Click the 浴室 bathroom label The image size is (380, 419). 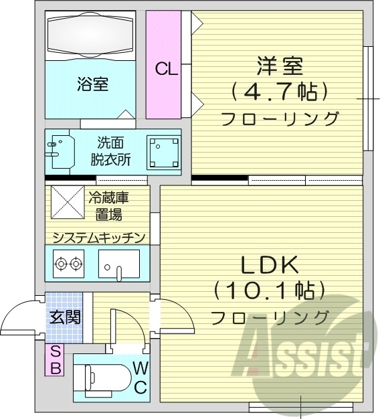tap(92, 84)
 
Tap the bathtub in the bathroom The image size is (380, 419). tap(93, 35)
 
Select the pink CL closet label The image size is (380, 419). tap(166, 68)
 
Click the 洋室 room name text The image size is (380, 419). tap(279, 66)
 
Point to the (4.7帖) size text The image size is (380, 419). tap(279, 90)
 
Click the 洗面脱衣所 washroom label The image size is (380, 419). tap(110, 151)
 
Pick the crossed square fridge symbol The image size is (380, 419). tap(66, 202)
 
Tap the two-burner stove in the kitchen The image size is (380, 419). tap(69, 264)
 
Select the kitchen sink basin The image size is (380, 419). tap(119, 264)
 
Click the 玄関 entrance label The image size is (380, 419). tap(64, 316)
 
